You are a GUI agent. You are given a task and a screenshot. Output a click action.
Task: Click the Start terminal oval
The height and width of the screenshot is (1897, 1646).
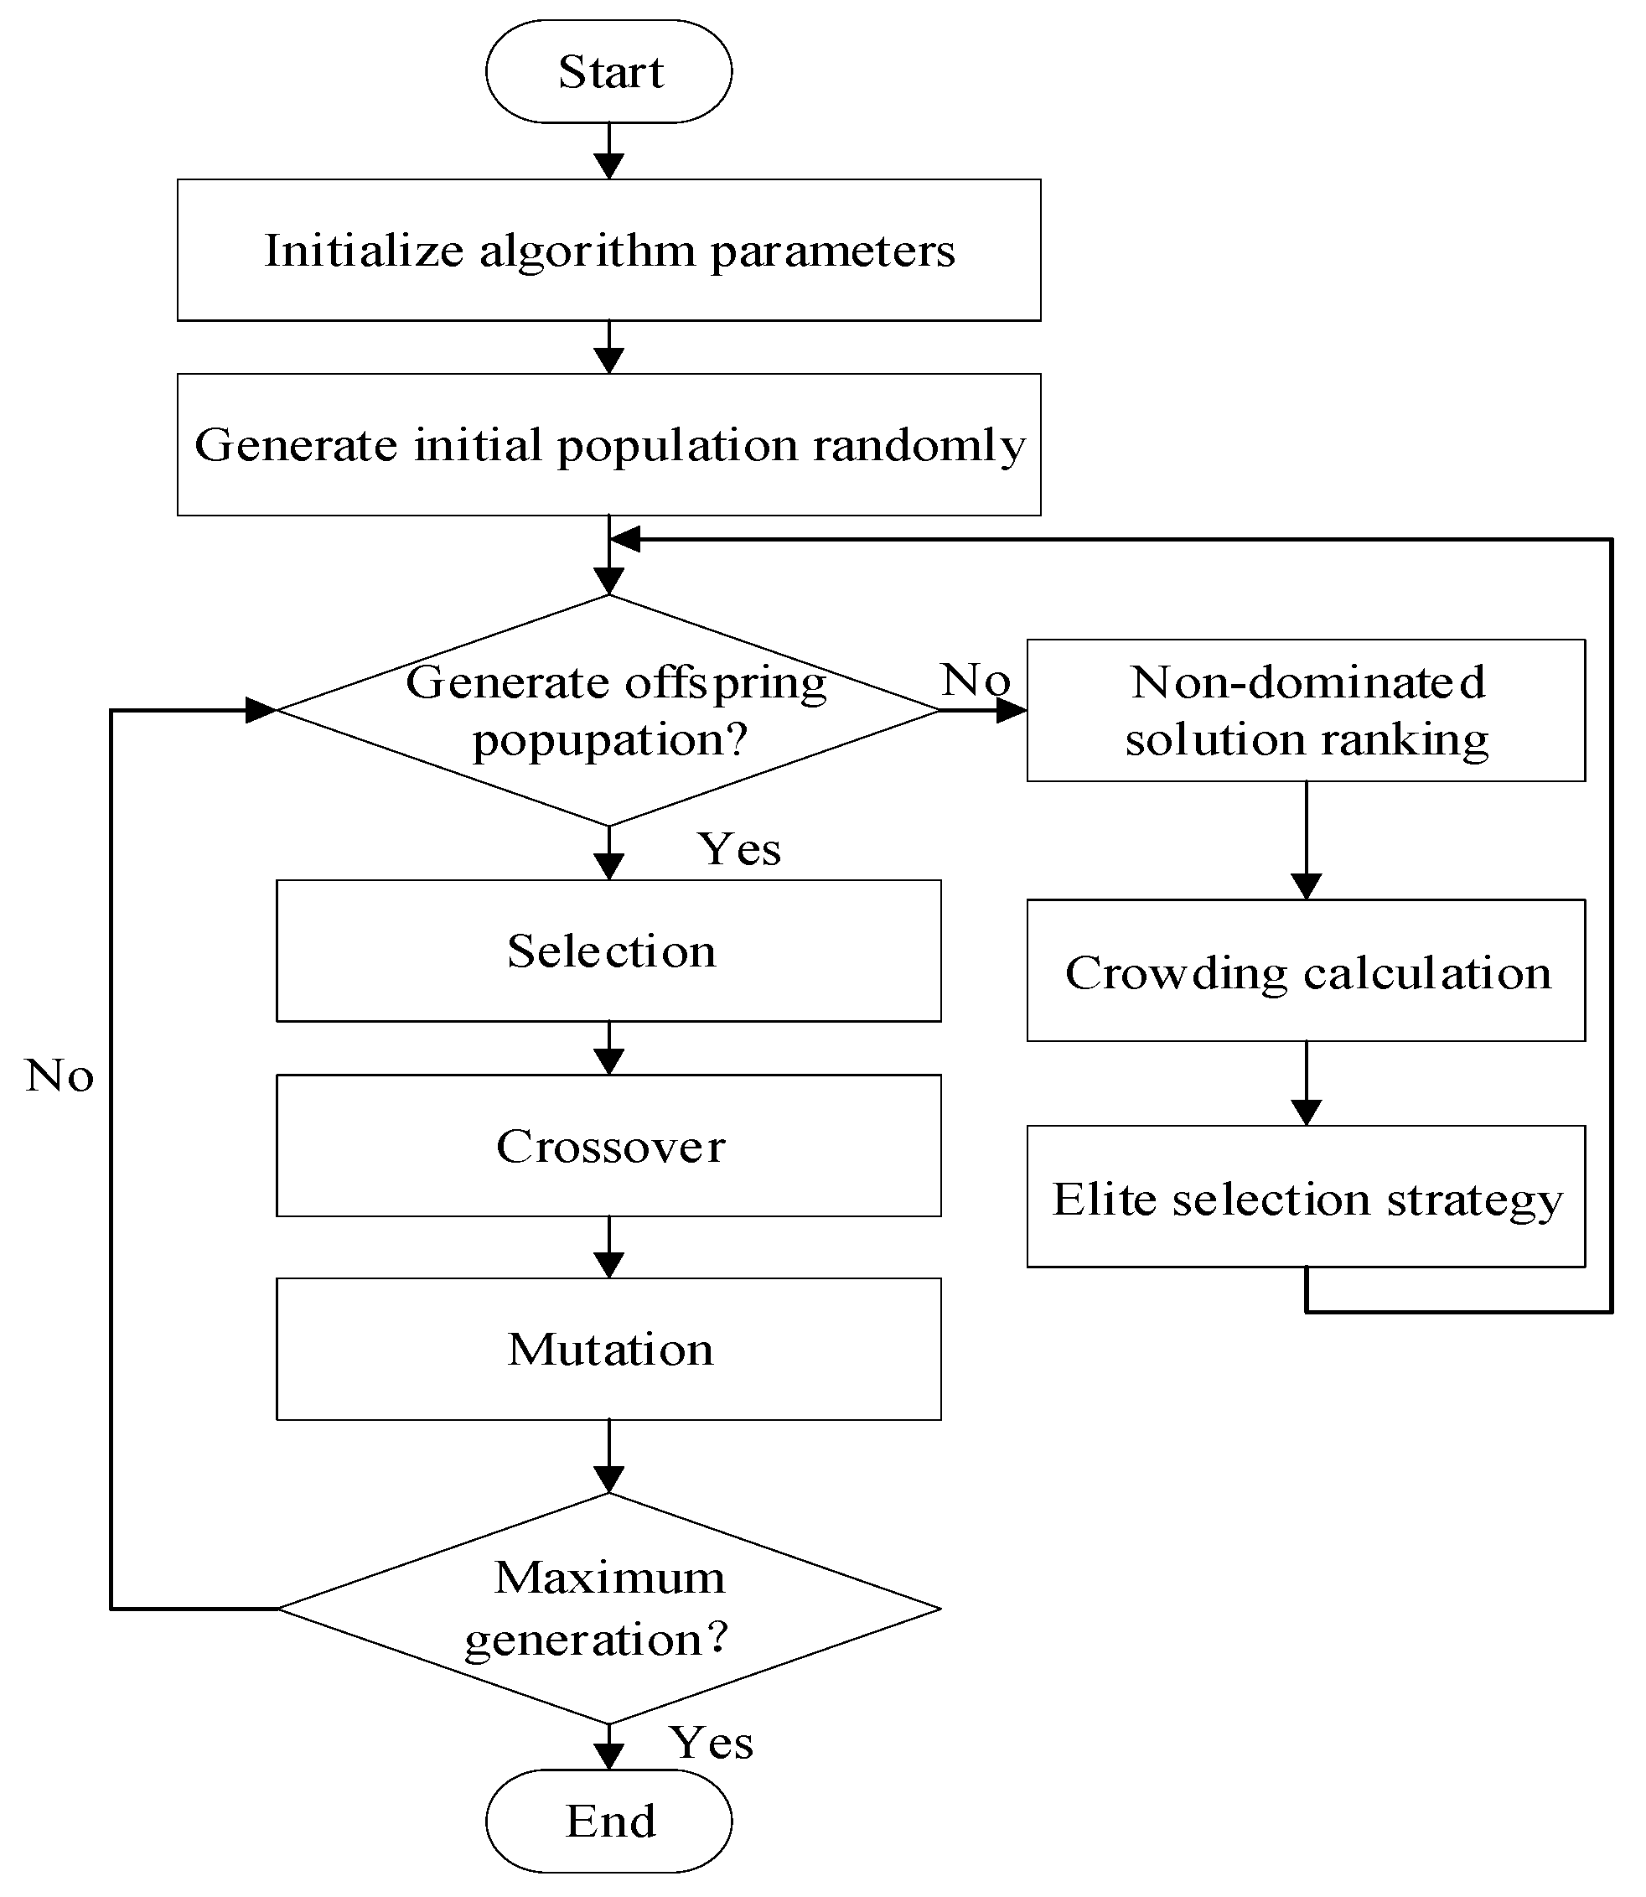pyautogui.click(x=608, y=71)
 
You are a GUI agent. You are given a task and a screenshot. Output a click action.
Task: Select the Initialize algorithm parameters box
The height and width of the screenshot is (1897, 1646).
pyautogui.click(x=608, y=250)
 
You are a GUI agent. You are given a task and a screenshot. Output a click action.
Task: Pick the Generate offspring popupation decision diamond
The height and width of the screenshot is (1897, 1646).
pyautogui.click(x=608, y=710)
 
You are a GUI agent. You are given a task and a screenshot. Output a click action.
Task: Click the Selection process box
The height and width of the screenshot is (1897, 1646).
pyautogui.click(x=608, y=951)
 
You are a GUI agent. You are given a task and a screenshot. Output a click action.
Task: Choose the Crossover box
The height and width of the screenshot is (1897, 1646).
pyautogui.click(x=608, y=1146)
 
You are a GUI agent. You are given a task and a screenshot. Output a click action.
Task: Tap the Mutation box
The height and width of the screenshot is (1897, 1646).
pyautogui.click(x=608, y=1349)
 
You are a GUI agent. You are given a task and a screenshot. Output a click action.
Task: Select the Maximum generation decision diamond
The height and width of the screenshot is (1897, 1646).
pyautogui.click(x=608, y=1608)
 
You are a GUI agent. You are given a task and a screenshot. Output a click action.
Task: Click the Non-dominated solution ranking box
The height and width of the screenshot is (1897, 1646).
pyautogui.click(x=1305, y=710)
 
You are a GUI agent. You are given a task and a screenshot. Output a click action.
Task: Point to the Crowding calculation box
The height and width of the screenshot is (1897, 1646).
pyautogui.click(x=1305, y=971)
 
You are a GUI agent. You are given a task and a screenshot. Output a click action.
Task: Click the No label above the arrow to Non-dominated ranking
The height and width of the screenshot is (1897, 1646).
pyautogui.click(x=976, y=680)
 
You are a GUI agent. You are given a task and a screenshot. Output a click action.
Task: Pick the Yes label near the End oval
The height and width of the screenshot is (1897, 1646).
pyautogui.click(x=711, y=1742)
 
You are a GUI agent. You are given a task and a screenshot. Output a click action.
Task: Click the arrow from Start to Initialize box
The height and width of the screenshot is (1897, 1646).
pyautogui.click(x=608, y=152)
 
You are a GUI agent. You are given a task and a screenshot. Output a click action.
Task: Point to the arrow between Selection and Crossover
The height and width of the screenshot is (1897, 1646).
pyautogui.click(x=608, y=1049)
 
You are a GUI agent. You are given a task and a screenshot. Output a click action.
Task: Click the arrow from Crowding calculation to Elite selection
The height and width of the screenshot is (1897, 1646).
pyautogui.click(x=1305, y=1084)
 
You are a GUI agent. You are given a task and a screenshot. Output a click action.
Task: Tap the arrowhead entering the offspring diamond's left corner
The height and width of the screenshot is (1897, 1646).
pyautogui.click(x=261, y=710)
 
